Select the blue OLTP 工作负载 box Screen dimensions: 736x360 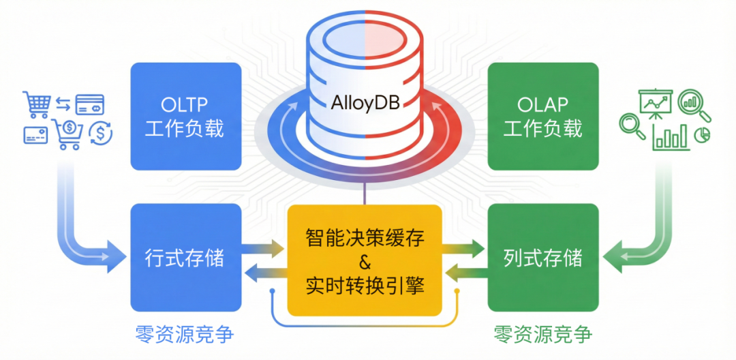(x=186, y=117)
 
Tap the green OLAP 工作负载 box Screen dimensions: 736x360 (x=543, y=117)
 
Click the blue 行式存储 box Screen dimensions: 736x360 (x=186, y=258)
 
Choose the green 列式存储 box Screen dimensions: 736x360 (x=543, y=258)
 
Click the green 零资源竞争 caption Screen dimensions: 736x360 (x=543, y=335)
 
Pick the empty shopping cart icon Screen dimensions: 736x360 (x=36, y=104)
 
